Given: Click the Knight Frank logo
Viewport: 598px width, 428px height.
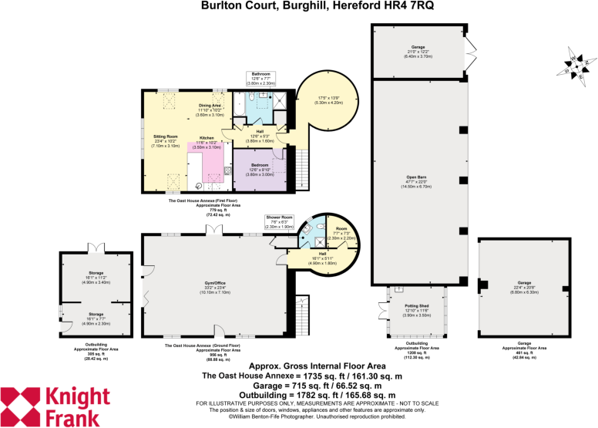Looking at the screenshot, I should (55, 406).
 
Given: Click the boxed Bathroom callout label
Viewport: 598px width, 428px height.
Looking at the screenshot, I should (261, 76).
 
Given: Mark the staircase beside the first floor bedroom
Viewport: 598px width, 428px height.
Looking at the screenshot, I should (302, 164).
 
